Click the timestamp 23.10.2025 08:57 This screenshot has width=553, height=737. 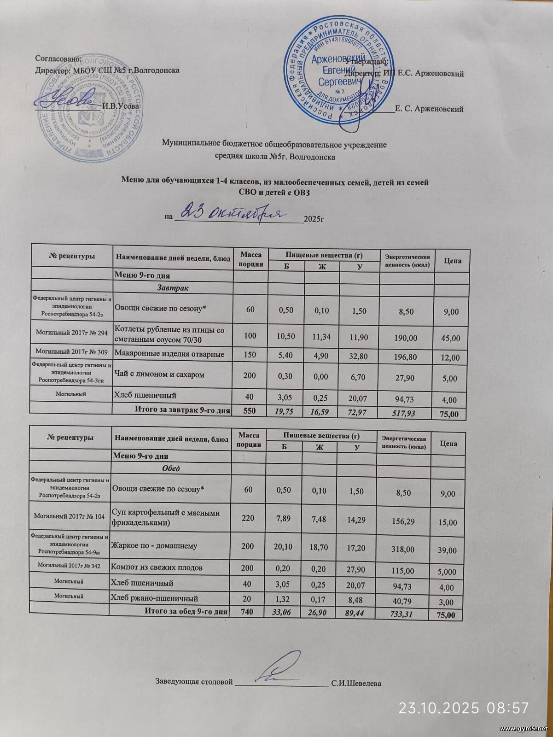pos(463,707)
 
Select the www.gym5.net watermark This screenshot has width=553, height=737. pos(524,729)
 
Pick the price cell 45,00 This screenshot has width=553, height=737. pos(450,338)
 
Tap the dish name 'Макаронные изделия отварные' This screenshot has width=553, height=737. pos(169,354)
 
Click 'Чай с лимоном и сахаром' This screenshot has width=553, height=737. pos(159,374)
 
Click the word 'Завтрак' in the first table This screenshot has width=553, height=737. pos(173,287)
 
